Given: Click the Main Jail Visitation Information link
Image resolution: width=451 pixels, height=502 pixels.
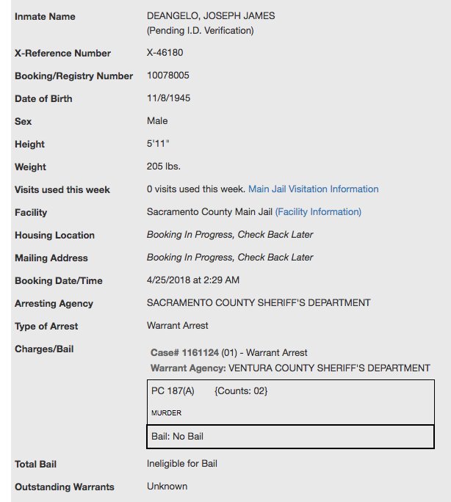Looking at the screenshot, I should click(314, 189).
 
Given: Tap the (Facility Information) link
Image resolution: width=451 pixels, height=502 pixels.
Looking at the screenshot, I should click(318, 212).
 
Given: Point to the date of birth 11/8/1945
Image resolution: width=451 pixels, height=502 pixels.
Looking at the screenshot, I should click(169, 98).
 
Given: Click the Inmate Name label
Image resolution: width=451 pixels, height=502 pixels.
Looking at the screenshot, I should click(45, 16).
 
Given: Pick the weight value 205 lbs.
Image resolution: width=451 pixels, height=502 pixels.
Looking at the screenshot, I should click(164, 167).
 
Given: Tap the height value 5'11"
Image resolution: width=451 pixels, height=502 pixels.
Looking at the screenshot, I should click(158, 145).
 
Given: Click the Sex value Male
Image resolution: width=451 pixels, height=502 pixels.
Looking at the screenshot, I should click(157, 121).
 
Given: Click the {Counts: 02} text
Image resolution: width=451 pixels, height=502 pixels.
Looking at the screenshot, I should click(241, 391).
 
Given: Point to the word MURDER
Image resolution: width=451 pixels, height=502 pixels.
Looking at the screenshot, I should click(166, 413).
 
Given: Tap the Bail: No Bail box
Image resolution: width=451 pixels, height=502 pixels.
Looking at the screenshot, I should click(290, 437).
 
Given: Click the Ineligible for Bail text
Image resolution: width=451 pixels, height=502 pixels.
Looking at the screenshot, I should click(182, 464).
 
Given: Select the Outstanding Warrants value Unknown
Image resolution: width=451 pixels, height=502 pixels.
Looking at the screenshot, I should click(167, 487).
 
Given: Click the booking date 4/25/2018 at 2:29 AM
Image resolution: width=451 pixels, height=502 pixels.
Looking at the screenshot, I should click(193, 280).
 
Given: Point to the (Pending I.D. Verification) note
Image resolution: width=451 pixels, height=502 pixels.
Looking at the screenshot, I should click(200, 31).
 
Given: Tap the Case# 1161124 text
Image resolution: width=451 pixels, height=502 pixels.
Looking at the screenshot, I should click(184, 353).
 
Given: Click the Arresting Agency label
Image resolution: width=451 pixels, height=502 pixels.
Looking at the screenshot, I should click(54, 303).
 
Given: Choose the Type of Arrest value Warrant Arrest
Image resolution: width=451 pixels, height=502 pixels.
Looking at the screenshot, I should click(177, 326).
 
